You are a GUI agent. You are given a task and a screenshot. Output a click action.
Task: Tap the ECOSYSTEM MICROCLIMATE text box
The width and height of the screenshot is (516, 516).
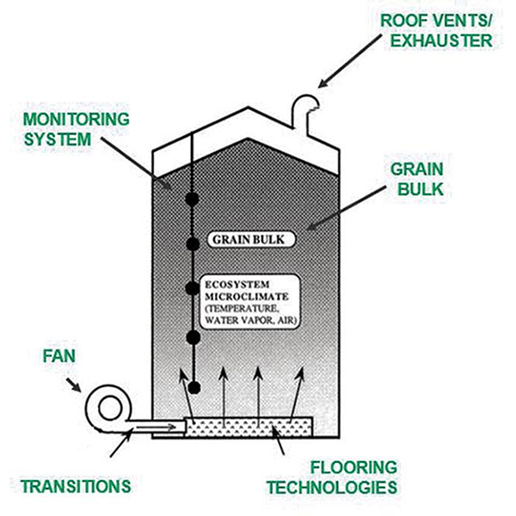252,301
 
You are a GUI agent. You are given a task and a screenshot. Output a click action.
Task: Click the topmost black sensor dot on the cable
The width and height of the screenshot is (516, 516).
193,200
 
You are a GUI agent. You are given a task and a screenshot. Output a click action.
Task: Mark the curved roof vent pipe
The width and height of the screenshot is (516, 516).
302,110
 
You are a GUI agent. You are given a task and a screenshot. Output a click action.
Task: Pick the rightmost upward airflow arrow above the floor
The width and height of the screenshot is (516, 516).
300,392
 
